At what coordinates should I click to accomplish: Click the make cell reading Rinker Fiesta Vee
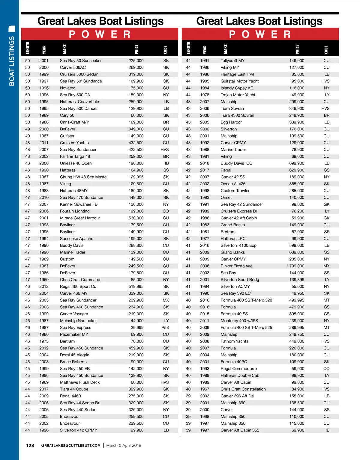(236, 266)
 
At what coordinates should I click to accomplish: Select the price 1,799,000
(295, 266)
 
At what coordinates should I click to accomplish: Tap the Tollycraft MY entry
(232, 61)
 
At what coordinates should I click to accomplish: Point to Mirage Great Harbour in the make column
(80, 218)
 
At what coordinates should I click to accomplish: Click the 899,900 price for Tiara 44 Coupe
(136, 389)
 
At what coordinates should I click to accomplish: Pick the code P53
(165, 328)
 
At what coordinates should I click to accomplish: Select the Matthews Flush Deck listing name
(79, 382)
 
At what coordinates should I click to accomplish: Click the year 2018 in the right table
(205, 163)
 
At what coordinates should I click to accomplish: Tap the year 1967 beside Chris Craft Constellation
(205, 389)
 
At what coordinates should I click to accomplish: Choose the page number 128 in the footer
(30, 445)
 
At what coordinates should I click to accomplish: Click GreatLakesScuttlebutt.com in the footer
(71, 445)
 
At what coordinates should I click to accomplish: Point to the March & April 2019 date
(124, 445)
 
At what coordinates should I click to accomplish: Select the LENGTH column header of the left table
(28, 48)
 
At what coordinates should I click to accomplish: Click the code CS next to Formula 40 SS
(326, 314)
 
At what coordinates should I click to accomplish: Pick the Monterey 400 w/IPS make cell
(239, 321)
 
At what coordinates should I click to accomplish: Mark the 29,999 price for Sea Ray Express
(137, 328)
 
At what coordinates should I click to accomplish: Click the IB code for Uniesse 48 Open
(166, 163)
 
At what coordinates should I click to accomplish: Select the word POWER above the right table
(260, 34)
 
